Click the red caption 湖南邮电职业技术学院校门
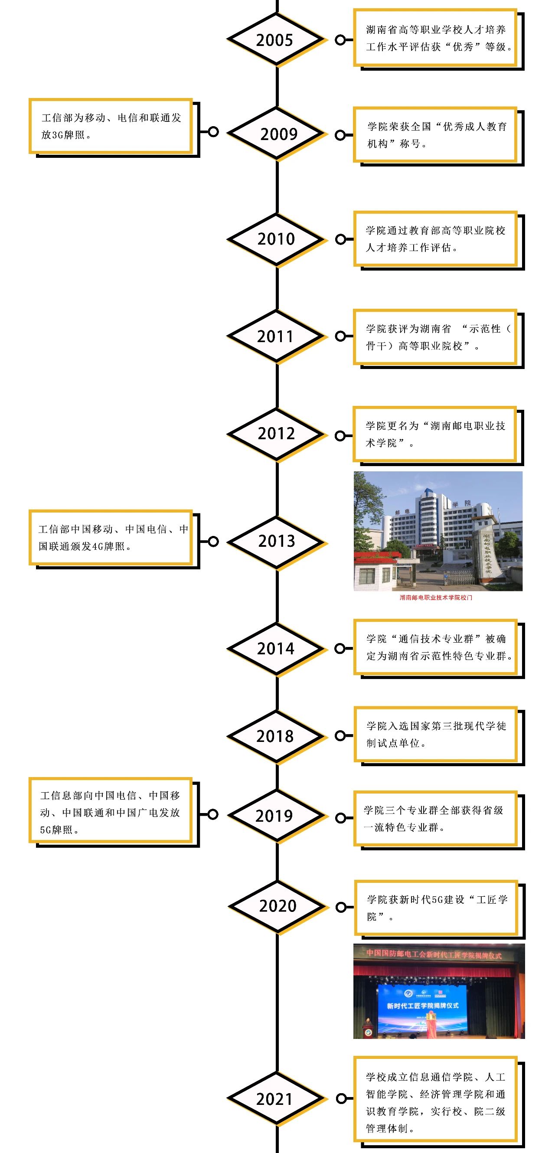pos(436,598)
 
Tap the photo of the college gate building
pos(438,531)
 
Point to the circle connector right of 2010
pos(341,239)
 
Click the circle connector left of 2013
pos(213,542)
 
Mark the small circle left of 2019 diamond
pos(213,814)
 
